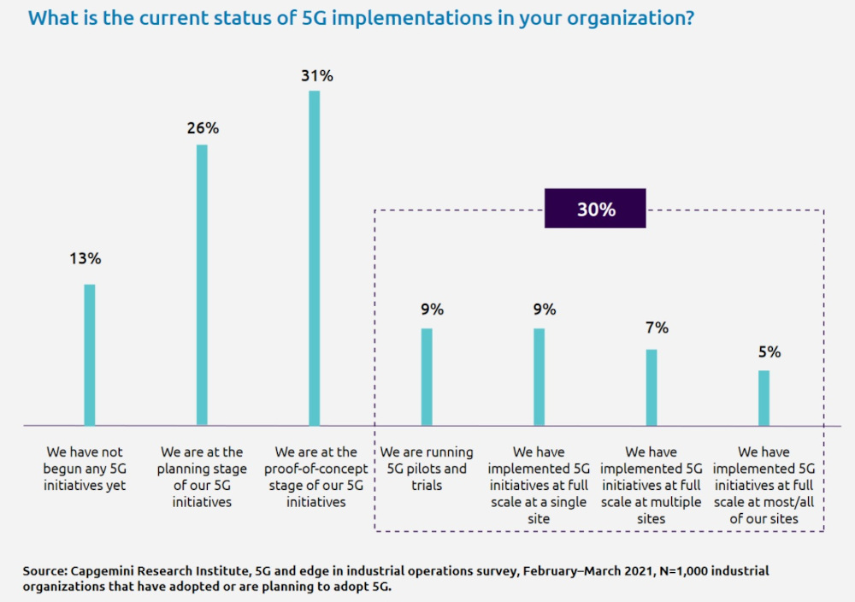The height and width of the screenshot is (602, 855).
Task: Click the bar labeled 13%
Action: tap(89, 354)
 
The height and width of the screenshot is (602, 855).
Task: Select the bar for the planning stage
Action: tap(202, 285)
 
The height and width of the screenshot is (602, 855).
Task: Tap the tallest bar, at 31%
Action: tap(314, 257)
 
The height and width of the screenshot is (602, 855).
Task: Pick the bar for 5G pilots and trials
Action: tap(427, 376)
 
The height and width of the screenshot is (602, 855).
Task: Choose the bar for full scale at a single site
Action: tap(539, 376)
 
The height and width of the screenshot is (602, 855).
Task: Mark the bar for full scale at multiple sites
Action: tap(652, 387)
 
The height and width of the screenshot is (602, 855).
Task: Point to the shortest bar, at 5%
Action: tap(764, 397)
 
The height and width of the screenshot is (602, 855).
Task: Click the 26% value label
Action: tap(203, 129)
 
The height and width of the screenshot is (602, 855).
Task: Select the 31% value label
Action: tap(316, 76)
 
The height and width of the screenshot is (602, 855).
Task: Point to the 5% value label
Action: tap(769, 351)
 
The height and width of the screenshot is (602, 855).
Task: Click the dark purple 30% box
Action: tap(596, 210)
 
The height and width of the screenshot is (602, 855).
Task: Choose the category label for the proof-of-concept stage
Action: tap(317, 477)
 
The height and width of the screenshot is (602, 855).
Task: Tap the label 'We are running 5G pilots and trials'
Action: tap(424, 469)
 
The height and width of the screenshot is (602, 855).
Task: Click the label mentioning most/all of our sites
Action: tap(764, 485)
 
